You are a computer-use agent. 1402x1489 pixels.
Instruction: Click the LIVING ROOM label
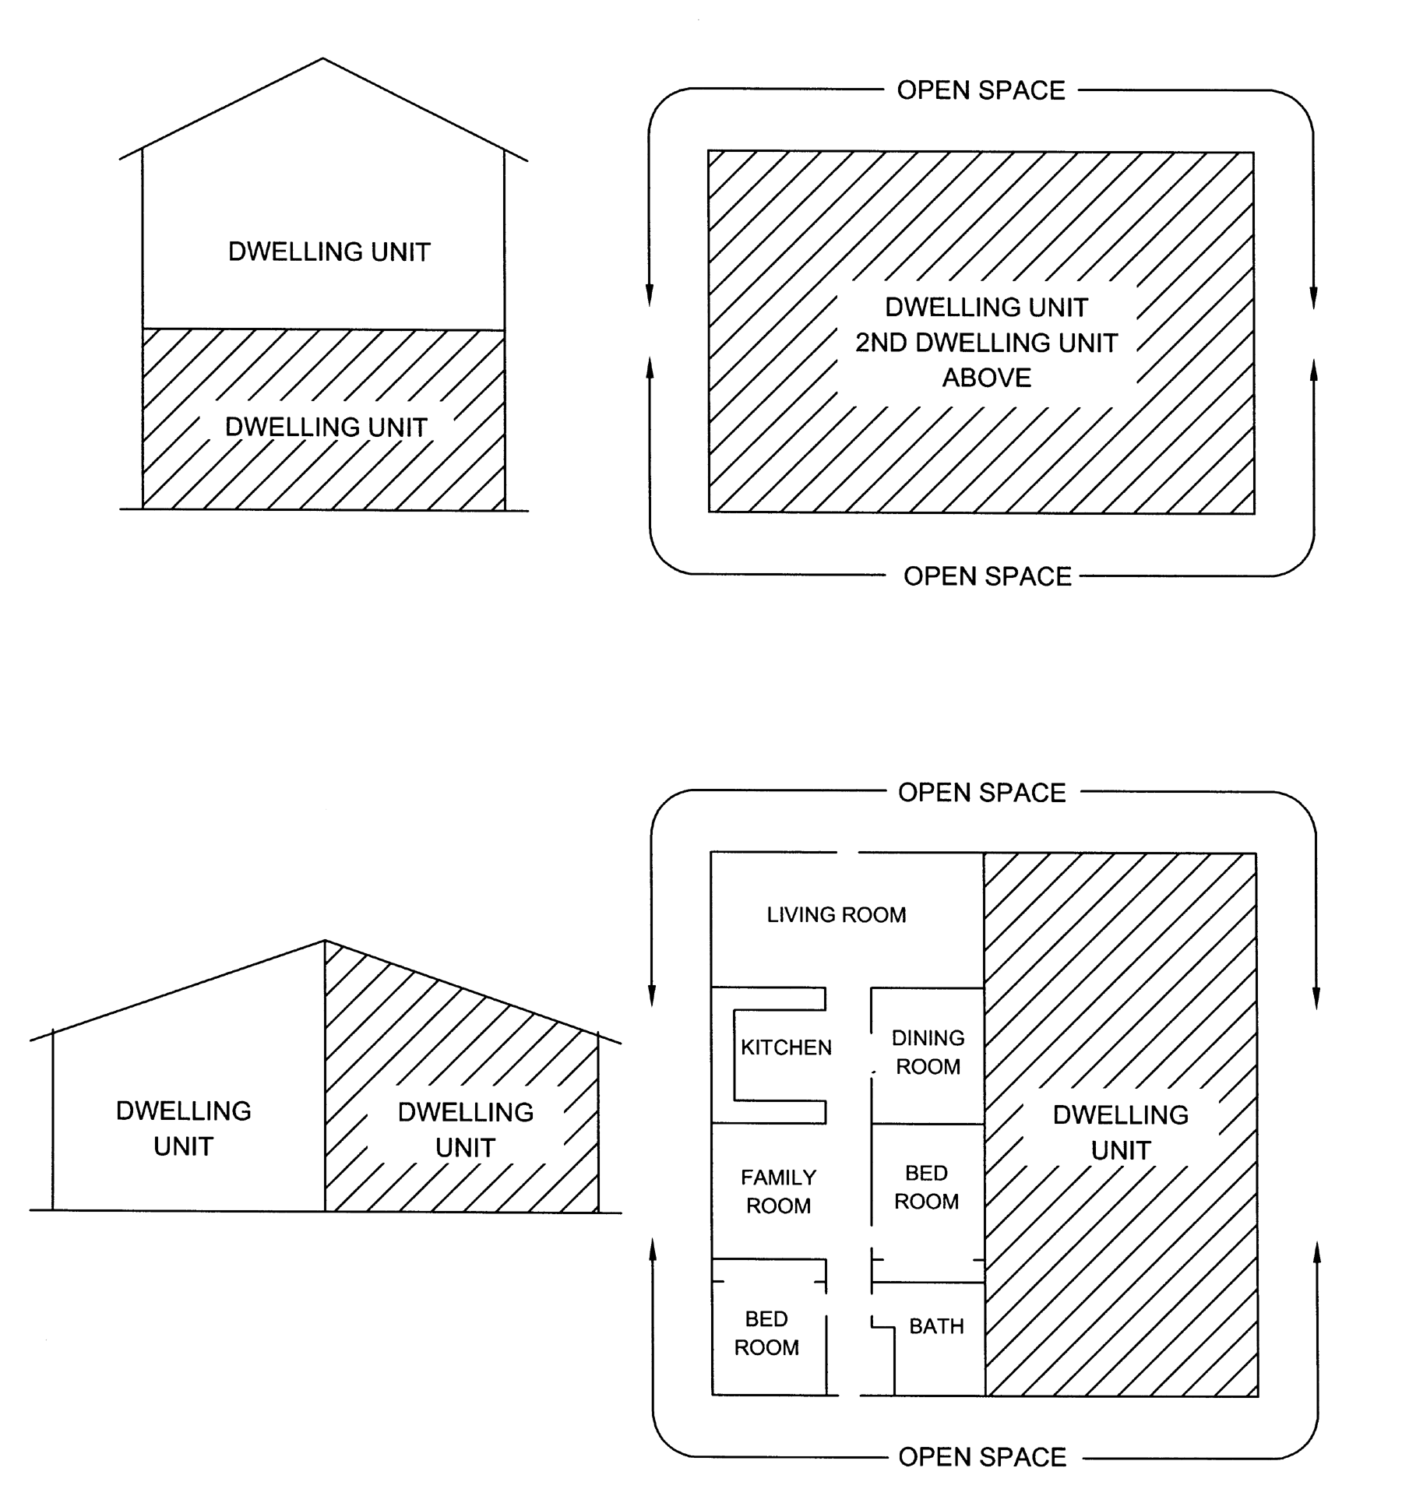[837, 914]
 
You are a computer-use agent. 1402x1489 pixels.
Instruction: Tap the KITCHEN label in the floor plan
[786, 1047]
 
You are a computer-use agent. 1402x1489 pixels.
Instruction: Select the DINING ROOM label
[928, 1052]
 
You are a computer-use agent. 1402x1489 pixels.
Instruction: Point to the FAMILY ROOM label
[778, 1192]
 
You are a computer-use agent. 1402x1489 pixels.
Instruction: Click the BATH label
[936, 1326]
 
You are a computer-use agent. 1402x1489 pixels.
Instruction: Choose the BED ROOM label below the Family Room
[766, 1333]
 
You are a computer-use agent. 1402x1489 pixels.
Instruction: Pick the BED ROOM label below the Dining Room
[926, 1188]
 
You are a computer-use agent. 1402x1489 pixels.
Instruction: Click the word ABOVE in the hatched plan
[987, 378]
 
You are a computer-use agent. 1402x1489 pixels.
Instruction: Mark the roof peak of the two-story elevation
[322, 58]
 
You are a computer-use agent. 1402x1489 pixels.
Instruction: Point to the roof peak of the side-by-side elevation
[325, 941]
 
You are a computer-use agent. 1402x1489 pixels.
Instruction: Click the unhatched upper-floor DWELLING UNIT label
[329, 252]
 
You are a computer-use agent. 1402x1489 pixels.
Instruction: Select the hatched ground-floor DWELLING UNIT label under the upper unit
[326, 427]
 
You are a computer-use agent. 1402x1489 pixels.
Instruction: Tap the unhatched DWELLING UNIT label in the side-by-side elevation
[184, 1128]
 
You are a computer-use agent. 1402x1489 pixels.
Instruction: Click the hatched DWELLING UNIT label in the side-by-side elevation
[466, 1130]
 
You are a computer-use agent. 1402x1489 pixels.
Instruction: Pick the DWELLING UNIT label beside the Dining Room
[1121, 1132]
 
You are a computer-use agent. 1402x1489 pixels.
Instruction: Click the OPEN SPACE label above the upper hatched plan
[981, 90]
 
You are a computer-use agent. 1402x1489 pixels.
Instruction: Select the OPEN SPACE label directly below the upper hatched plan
[988, 576]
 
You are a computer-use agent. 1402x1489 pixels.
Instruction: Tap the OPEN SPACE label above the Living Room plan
[981, 793]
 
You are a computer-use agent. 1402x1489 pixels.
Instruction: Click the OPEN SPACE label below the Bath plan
[982, 1457]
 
